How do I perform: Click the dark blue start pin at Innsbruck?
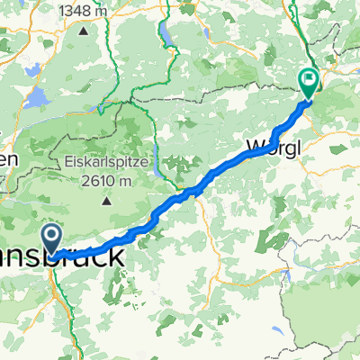[x=53, y=238]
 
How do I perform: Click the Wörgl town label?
[x=270, y=145]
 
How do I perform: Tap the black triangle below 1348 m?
[x=83, y=31]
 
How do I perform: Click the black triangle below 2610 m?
[x=107, y=199]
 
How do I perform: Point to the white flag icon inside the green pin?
[x=308, y=79]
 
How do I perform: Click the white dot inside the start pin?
[x=53, y=234]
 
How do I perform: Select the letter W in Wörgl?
[x=251, y=145]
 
